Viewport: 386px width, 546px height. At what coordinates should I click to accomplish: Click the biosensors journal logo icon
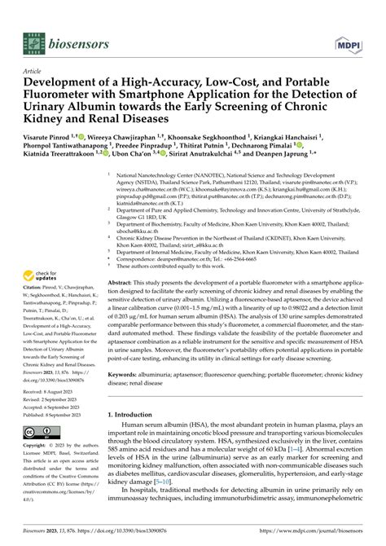pos(31,39)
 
